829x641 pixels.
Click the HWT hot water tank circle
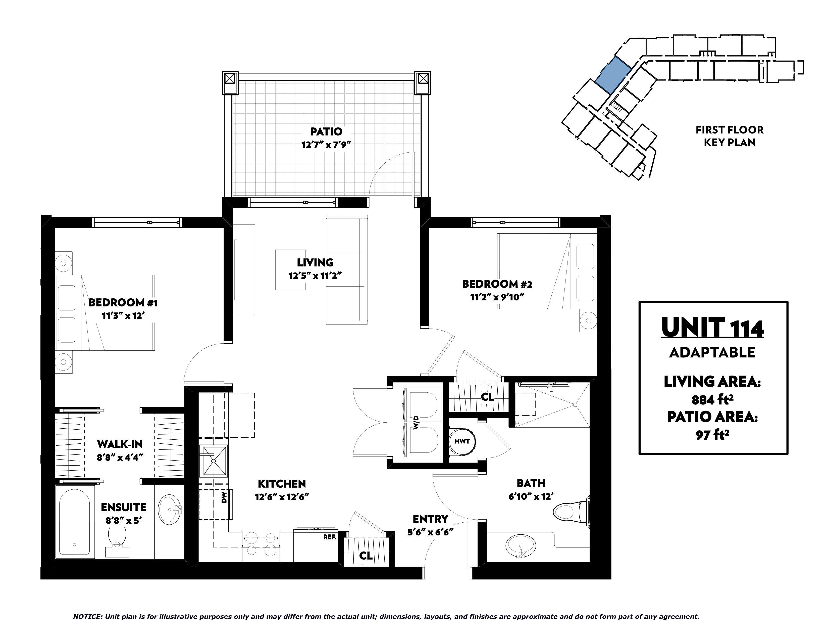(x=462, y=441)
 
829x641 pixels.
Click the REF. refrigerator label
(x=330, y=537)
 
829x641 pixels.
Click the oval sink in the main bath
(x=521, y=546)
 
